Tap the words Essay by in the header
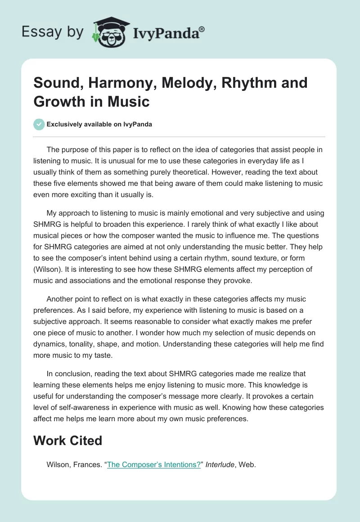tap(53, 32)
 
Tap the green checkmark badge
tap(39, 124)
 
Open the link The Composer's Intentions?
tap(153, 465)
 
